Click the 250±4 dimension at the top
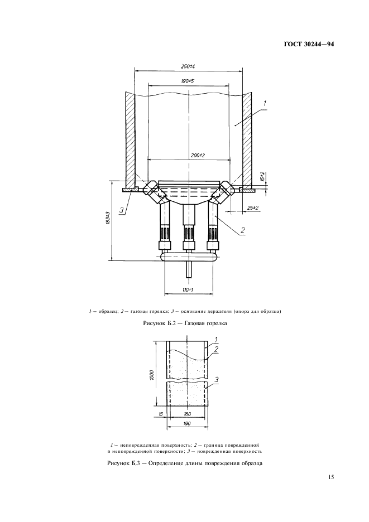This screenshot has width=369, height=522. click(x=188, y=67)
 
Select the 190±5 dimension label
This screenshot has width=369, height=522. click(x=188, y=81)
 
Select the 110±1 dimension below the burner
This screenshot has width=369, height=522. click(x=188, y=291)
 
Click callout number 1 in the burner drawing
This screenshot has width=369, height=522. click(x=265, y=103)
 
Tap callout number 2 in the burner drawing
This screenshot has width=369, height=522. click(x=243, y=230)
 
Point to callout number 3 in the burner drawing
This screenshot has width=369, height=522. click(x=121, y=211)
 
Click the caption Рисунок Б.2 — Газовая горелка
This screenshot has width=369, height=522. click(x=184, y=323)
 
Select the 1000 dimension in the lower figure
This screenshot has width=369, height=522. click(x=151, y=375)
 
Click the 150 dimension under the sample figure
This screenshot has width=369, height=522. click(x=187, y=414)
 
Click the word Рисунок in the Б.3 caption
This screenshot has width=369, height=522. click(x=119, y=463)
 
